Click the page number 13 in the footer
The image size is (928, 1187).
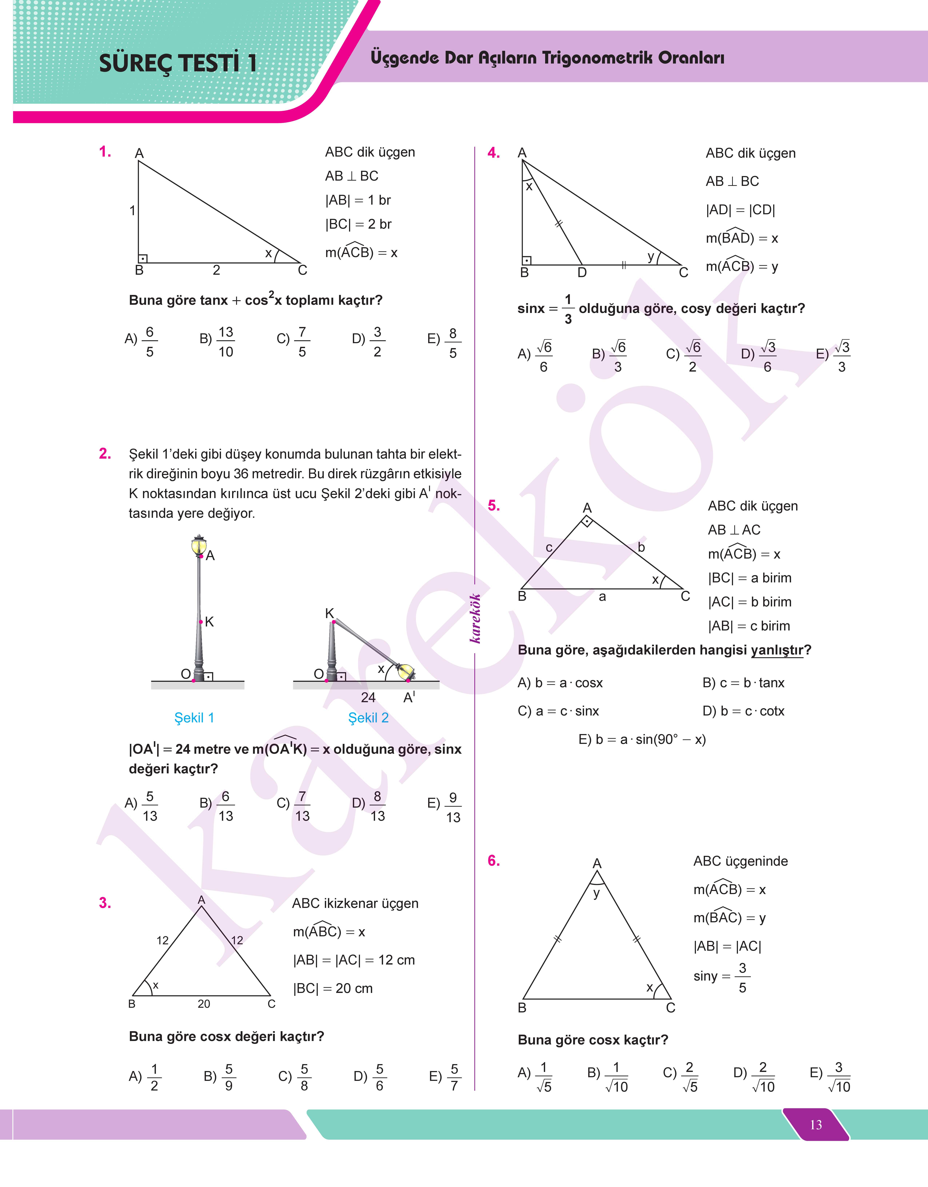coord(816,1125)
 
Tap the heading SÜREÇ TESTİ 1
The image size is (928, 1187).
coord(178,63)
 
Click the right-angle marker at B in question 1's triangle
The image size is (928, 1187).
coord(143,259)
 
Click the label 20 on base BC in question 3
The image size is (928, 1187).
coord(204,1004)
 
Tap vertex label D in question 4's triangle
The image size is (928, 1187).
coord(582,272)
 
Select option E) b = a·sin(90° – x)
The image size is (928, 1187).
coord(642,740)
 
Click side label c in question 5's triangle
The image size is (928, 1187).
coord(549,548)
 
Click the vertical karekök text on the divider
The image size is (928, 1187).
coord(475,618)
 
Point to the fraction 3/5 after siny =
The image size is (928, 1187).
coord(742,978)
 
